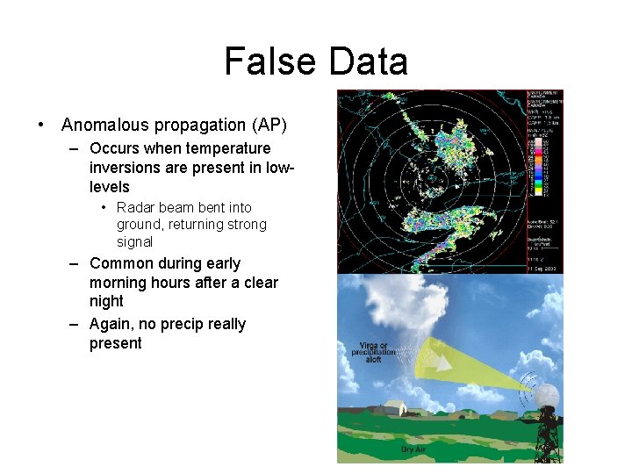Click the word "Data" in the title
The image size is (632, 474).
(367, 62)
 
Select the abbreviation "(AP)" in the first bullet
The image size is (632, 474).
(268, 126)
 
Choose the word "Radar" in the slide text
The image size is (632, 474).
(135, 208)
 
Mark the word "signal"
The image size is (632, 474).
(134, 242)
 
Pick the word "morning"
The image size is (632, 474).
(119, 283)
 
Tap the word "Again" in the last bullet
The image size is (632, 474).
(111, 324)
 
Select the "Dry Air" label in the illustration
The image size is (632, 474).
(413, 449)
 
